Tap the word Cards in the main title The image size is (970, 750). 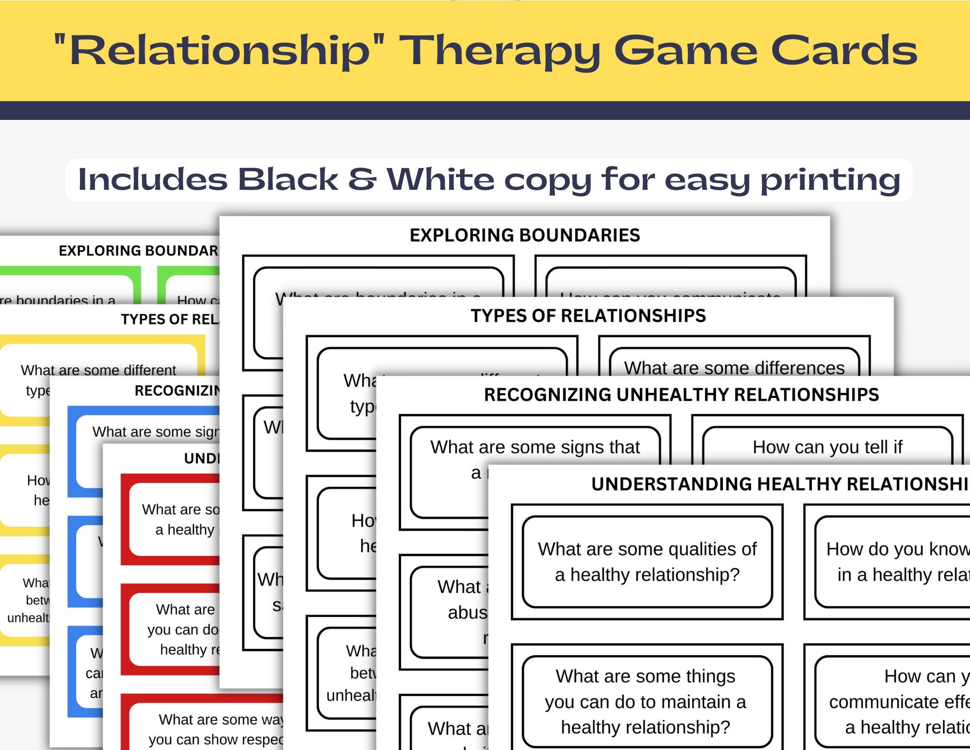point(844,50)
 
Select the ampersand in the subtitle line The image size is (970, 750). point(362,179)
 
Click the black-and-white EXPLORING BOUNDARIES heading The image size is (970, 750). point(524,235)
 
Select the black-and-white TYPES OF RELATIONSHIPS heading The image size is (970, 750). point(588,316)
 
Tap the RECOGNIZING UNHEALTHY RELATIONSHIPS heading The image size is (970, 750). point(681,395)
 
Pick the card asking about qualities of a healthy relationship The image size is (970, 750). point(647,562)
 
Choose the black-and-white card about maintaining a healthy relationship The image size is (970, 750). point(647,701)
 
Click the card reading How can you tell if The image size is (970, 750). point(827,447)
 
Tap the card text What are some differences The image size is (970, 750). point(734,367)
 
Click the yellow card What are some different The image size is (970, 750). point(98,371)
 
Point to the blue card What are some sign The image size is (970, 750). point(155,432)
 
